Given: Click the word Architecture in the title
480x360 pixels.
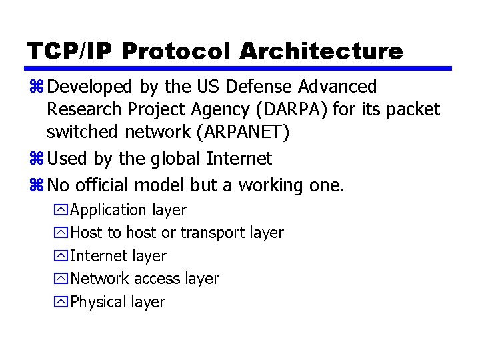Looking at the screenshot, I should (x=321, y=51).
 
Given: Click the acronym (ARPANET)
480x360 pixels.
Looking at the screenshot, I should (x=242, y=133).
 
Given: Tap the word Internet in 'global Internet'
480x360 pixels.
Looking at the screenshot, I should (x=239, y=159).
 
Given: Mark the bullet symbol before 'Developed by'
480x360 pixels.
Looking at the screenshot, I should (x=36, y=87).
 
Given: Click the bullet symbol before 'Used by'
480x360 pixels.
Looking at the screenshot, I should (x=36, y=159).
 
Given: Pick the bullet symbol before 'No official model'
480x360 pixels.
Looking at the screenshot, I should (x=36, y=185).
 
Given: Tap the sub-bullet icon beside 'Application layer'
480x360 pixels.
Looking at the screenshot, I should (x=62, y=211).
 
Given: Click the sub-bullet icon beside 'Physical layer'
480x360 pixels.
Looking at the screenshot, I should (x=62, y=303).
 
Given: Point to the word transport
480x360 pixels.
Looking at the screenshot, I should (x=213, y=233).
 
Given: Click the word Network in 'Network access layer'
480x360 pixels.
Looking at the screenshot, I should (x=100, y=279).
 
